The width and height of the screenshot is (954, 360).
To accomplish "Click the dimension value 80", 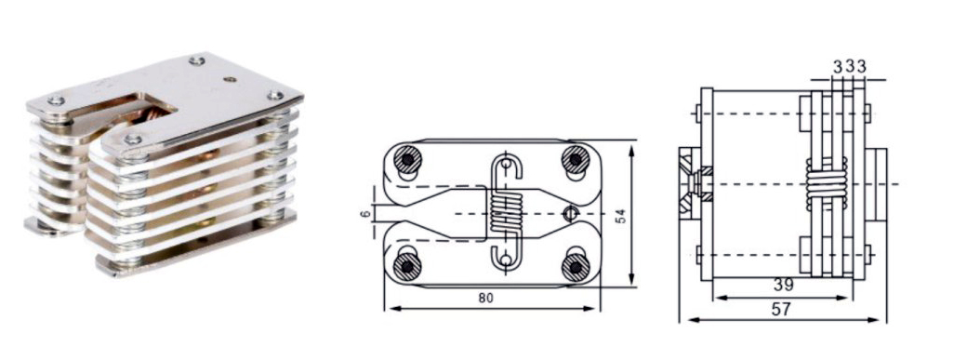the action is click(x=486, y=298).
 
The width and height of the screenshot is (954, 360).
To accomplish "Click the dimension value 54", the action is click(x=620, y=216).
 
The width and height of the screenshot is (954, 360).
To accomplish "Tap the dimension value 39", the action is click(x=782, y=285).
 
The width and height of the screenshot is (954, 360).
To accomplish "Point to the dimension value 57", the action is click(x=781, y=310).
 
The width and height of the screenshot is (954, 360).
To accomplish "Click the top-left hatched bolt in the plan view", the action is click(x=405, y=160).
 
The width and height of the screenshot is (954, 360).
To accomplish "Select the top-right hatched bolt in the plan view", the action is click(x=575, y=160).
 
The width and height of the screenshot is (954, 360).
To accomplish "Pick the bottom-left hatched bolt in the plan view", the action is click(x=405, y=266).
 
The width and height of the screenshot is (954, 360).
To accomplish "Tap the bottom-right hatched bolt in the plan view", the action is click(x=575, y=266).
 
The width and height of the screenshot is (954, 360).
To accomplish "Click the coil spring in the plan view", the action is click(x=506, y=213).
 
